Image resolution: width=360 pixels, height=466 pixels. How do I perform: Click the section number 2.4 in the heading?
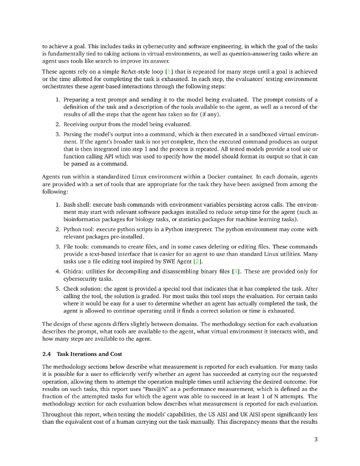pyautogui.click(x=46, y=354)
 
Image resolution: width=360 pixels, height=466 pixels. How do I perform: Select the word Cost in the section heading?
pyautogui.click(x=116, y=354)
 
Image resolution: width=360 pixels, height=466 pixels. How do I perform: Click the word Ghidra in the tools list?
pyautogui.click(x=74, y=272)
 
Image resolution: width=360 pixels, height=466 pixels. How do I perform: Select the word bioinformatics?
pyautogui.click(x=84, y=219)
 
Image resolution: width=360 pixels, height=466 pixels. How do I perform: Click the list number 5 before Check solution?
pyautogui.click(x=58, y=289)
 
